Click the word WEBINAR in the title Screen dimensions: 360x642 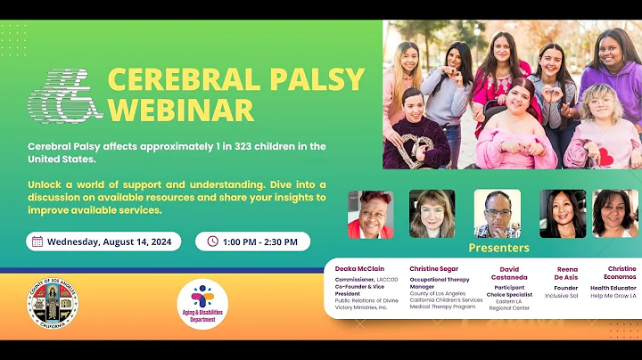[x=180, y=110]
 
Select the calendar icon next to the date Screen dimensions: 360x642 [x=37, y=241]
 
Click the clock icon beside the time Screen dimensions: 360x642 [x=212, y=241]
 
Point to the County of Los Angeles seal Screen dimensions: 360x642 [x=52, y=307]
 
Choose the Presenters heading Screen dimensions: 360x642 [x=498, y=248]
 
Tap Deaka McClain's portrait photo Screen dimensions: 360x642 [x=370, y=214]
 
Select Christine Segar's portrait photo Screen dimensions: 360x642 [x=432, y=214]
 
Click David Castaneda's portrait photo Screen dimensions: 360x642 [x=497, y=214]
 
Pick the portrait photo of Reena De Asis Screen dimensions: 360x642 [x=563, y=214]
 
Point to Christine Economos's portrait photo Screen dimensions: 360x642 [x=615, y=214]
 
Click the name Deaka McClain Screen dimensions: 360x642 [x=360, y=268]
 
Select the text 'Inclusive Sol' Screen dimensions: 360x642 [x=567, y=296]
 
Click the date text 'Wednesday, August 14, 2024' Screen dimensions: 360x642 [x=111, y=241]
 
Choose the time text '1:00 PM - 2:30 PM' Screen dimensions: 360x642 [x=263, y=241]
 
